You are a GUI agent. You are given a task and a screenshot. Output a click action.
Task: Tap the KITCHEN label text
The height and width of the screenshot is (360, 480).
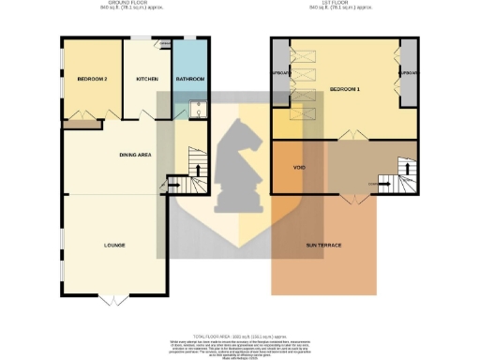click(x=147, y=80)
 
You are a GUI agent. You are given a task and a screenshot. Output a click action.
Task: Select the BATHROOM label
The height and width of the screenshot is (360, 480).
click(x=190, y=80)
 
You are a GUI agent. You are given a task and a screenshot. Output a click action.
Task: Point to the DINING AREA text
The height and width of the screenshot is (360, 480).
click(x=136, y=154)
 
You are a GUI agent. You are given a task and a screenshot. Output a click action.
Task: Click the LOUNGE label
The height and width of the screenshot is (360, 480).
click(x=114, y=245)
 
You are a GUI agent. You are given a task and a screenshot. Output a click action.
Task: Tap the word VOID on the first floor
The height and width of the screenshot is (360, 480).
click(x=300, y=168)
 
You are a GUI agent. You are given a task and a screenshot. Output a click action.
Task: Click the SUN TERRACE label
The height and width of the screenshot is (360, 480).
click(x=323, y=245)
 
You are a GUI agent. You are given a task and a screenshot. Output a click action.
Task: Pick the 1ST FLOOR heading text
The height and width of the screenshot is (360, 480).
click(x=340, y=5)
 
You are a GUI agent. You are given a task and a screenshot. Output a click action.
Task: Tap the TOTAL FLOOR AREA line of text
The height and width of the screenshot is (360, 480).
click(x=239, y=335)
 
